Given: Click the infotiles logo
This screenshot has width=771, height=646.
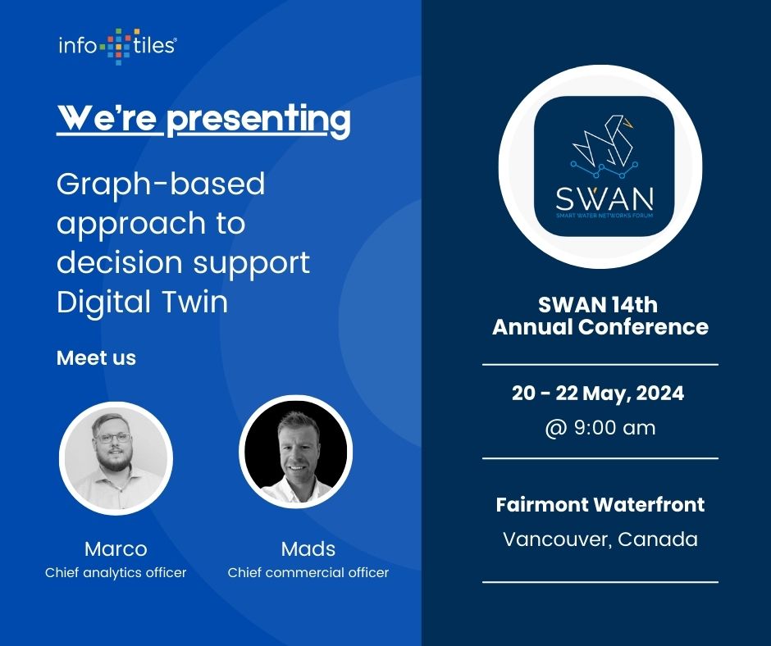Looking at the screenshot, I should coord(116,46).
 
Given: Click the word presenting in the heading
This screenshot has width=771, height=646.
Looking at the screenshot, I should coord(258,120).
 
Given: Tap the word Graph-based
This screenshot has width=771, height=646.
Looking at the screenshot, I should coord(161,184).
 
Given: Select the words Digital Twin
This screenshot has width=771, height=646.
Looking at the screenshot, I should coord(142,302).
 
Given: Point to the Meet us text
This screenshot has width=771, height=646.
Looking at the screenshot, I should coord(96,358).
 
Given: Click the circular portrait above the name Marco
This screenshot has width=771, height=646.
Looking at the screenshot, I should coord(116,457).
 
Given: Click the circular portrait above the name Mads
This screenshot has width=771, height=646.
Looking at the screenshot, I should coord(295,453).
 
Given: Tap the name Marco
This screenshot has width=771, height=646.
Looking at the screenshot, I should coord(116,548).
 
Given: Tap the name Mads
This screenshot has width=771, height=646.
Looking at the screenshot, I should coord(308,548).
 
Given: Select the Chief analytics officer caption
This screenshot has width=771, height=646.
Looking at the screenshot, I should coord(116,572).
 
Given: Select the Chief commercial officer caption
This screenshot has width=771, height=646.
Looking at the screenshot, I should coord(308,572).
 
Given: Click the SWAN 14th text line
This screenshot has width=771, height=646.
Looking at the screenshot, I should coord(598,305).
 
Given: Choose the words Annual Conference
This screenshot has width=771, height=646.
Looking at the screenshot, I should coord(600,327).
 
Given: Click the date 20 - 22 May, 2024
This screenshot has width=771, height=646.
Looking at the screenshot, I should coord(598,394).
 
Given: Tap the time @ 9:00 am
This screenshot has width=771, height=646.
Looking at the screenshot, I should coord(600,427).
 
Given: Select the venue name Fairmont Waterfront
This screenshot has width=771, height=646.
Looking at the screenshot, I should coord(600,504).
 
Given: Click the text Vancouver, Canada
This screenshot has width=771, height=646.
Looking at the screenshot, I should coord(600,539).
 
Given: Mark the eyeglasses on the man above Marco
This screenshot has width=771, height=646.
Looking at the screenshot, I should coord(112,437).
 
